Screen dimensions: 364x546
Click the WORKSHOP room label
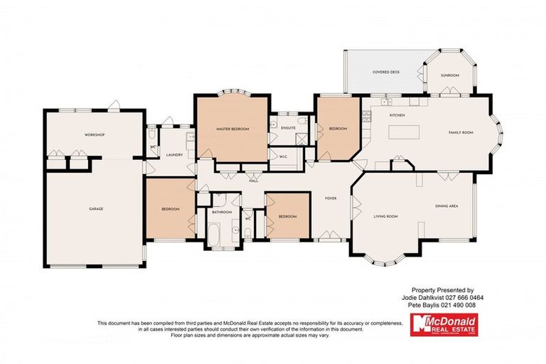click(x=95, y=134)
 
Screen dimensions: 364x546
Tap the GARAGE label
click(x=96, y=209)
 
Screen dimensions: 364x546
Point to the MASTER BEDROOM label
click(x=232, y=129)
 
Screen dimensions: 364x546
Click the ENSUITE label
click(x=288, y=128)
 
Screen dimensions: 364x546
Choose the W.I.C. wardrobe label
click(x=282, y=157)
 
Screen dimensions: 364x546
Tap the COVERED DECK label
click(x=385, y=73)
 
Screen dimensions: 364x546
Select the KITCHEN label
click(x=397, y=114)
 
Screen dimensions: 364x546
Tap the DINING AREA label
click(x=446, y=206)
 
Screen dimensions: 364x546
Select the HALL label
click(x=253, y=181)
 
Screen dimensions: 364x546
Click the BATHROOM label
click(x=222, y=212)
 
